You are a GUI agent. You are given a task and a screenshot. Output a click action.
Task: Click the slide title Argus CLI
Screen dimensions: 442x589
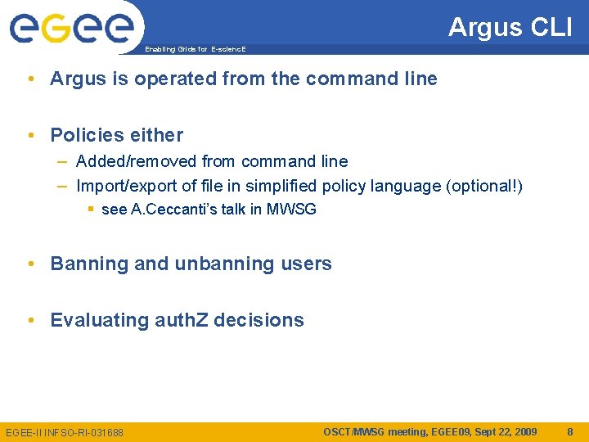coord(510,27)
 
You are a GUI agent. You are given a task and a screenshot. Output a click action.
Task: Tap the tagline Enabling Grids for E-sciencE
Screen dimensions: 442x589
coord(195,49)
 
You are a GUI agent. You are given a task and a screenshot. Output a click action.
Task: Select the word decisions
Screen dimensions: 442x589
coord(261,320)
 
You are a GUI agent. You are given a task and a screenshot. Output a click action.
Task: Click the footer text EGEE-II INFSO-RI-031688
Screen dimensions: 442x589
coord(65,432)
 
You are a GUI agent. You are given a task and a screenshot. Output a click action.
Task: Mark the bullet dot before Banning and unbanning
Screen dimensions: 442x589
coord(30,264)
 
